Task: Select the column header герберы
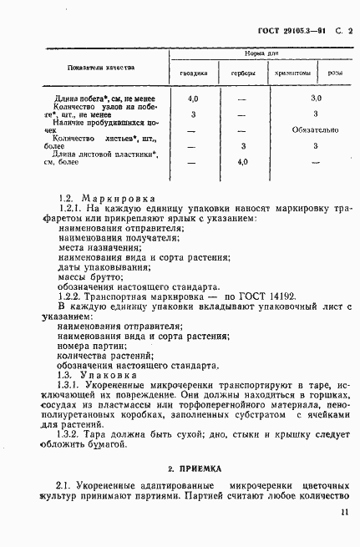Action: [x=243, y=73]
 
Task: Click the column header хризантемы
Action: [x=292, y=73]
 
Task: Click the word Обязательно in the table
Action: [x=316, y=129]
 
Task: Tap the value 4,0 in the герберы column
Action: [x=243, y=161]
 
